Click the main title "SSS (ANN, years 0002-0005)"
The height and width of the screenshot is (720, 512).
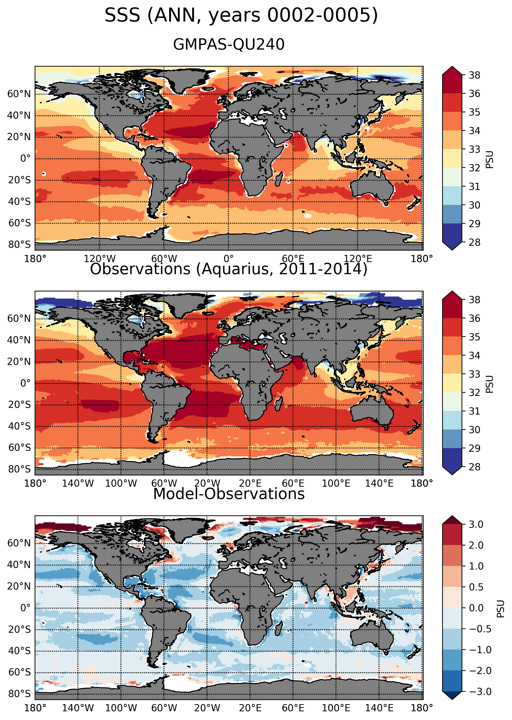point(241,15)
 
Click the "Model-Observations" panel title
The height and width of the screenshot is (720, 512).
point(229,494)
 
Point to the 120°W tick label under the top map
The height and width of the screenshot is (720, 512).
point(100,259)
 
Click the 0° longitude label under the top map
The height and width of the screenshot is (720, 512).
point(229,259)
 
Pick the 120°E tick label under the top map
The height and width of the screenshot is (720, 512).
point(357,259)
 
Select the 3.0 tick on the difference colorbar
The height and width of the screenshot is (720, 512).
point(476,525)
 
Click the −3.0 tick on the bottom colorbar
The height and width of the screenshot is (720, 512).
point(480,692)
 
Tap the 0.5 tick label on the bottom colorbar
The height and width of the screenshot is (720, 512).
point(476,587)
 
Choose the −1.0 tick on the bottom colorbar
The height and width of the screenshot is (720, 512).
point(480,650)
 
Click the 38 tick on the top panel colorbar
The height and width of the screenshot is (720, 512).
point(475,75)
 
